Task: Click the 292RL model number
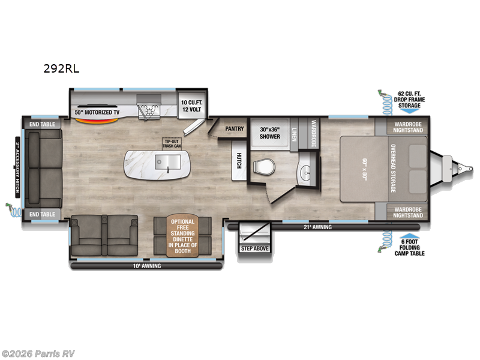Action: click(x=61, y=68)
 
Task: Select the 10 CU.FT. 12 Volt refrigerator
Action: click(x=192, y=106)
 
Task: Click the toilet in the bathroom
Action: click(x=262, y=166)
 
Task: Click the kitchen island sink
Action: click(x=168, y=161)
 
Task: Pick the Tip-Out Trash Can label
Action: click(x=171, y=143)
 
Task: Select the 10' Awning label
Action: click(x=147, y=265)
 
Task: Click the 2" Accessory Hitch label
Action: click(x=18, y=169)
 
